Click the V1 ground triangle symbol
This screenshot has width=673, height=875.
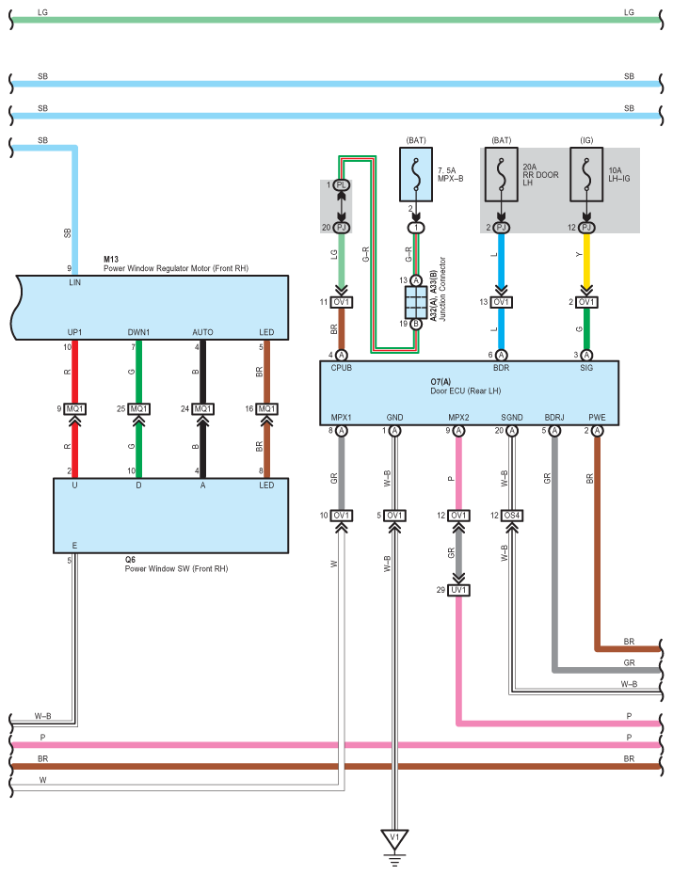point(393,836)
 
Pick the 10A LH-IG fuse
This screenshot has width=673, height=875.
point(586,175)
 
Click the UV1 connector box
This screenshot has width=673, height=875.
point(458,590)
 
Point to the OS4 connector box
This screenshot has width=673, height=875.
point(512,516)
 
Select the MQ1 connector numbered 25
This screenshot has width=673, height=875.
point(139,409)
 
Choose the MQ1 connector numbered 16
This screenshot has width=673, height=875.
point(267,409)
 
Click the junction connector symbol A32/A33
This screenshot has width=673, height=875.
point(415,302)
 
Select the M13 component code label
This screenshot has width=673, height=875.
point(111,258)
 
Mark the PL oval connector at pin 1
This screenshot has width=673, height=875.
point(341,185)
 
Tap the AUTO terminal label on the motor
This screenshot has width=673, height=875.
point(202,332)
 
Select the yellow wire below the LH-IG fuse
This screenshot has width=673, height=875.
point(586,263)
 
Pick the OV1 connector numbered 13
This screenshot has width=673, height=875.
point(502,302)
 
